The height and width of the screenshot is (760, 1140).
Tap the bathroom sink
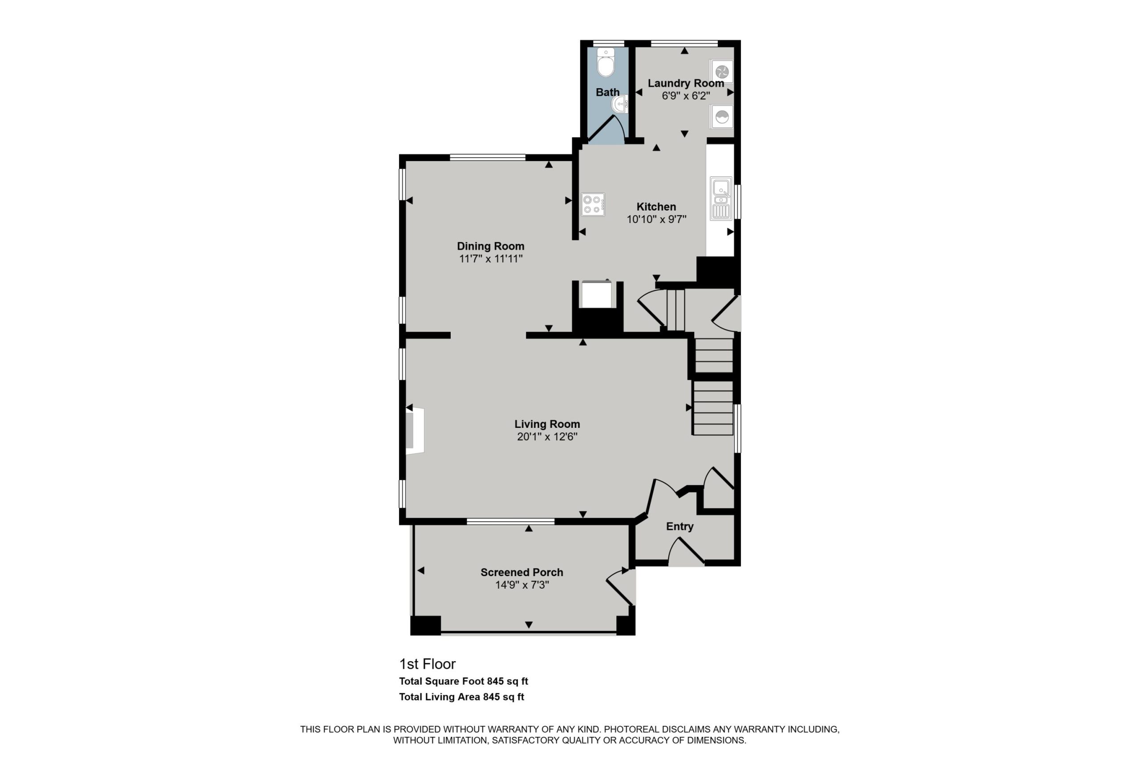click(620, 104)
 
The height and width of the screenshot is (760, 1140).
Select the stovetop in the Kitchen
click(593, 204)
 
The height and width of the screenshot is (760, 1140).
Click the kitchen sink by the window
click(721, 199)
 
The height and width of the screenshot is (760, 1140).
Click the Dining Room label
click(490, 246)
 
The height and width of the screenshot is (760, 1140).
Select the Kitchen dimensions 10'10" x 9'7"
click(656, 219)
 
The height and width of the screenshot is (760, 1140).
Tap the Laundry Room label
click(686, 83)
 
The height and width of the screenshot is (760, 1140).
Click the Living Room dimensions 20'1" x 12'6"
click(547, 437)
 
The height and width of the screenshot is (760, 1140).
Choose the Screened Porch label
click(521, 573)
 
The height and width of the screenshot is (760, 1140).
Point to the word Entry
click(680, 527)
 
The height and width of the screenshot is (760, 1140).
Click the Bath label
click(607, 92)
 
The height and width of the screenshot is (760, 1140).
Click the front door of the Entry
click(686, 552)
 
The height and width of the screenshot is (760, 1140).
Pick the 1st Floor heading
click(427, 664)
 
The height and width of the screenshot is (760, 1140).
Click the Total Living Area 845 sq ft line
click(461, 697)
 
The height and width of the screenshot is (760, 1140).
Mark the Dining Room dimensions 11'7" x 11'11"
click(490, 259)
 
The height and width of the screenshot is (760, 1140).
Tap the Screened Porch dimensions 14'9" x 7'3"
click(522, 585)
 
